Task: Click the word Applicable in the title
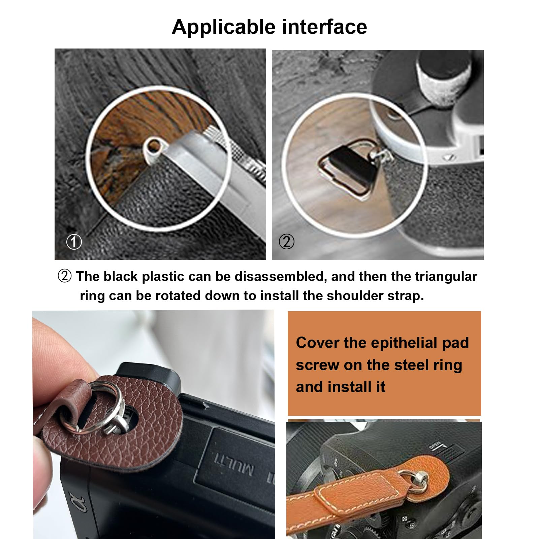point(224,27)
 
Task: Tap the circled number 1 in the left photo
point(74,242)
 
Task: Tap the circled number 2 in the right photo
point(287,242)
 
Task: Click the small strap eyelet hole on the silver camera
point(154,146)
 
